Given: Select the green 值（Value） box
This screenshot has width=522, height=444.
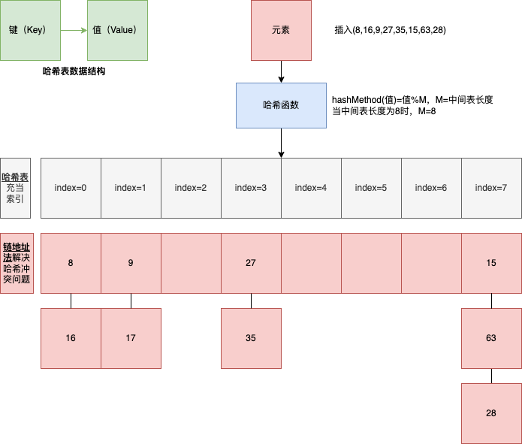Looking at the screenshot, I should point(118,31).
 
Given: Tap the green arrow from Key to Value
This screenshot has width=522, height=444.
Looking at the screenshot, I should point(74,31).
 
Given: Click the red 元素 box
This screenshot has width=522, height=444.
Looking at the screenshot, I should point(281,30).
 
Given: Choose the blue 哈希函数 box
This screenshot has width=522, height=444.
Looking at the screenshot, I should point(281,105).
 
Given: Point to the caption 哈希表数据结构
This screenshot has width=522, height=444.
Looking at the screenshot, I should point(80,71).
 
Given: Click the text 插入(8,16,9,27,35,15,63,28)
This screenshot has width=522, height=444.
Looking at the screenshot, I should point(391,31).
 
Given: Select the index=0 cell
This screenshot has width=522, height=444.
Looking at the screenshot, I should point(71,188).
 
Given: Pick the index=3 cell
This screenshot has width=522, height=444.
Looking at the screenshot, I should point(251,188).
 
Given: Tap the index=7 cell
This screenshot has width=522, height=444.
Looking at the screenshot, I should point(491,188).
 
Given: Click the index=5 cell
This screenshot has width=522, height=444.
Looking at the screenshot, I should point(371,188).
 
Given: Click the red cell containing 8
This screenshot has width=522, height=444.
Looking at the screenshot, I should point(71,263).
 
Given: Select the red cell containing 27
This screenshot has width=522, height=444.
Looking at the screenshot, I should point(251,263).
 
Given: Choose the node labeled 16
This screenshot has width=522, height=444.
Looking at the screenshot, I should point(71,338).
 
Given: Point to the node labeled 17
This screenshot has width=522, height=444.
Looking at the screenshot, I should point(131,338).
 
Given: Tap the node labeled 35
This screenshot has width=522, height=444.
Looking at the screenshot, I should point(251,338).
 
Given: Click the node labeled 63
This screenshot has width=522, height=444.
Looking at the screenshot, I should point(491,338).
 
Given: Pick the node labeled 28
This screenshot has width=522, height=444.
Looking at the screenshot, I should point(491,413).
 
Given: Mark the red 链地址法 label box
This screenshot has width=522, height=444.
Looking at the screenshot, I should point(17,263).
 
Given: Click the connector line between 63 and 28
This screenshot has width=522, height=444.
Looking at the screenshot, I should point(491,376).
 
